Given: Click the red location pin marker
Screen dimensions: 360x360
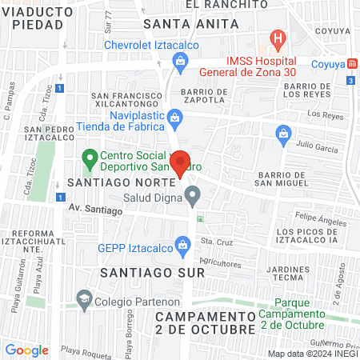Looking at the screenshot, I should [181, 162].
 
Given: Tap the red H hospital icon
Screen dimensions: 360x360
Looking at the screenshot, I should [277, 38].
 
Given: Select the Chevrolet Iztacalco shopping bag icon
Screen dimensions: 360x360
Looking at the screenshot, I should [181, 60].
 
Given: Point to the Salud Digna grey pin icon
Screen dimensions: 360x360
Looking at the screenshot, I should [192, 195].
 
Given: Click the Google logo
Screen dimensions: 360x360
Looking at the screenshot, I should [27, 350].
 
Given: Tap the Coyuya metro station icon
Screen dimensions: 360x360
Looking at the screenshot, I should [353, 63].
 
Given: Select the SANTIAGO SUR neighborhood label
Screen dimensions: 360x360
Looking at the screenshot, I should [153, 272].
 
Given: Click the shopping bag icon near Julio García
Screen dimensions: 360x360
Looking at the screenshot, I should [282, 134].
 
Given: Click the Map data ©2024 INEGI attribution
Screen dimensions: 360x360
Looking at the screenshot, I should [312, 353].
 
